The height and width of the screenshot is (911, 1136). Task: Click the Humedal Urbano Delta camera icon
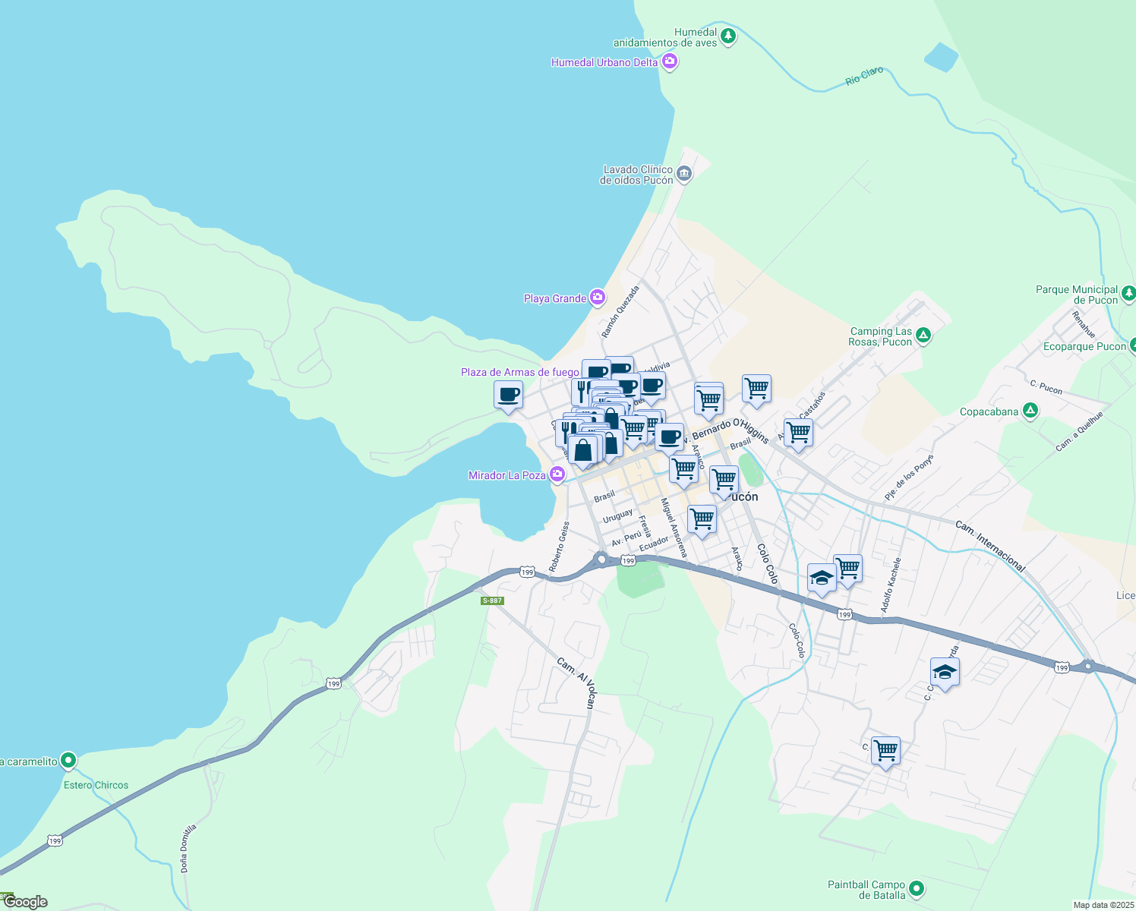[670, 61]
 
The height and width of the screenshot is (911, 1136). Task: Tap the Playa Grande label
[555, 298]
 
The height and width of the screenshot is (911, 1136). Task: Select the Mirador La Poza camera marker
[557, 474]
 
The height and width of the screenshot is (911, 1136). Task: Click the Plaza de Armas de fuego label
[519, 372]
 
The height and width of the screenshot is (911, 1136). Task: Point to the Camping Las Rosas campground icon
[923, 335]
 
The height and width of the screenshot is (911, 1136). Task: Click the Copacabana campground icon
[1030, 411]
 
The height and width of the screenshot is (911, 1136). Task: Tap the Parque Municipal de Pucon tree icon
[1128, 292]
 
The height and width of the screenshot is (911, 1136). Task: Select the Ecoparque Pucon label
[1084, 346]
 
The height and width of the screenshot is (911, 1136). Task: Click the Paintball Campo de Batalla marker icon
[917, 887]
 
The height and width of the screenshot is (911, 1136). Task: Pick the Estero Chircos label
[96, 785]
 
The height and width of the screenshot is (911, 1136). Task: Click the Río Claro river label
[864, 76]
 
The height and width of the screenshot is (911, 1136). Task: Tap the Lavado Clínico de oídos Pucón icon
[684, 174]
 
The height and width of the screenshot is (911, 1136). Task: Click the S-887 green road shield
[492, 601]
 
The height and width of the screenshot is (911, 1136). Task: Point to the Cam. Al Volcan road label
[578, 682]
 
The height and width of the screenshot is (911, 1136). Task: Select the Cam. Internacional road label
[990, 546]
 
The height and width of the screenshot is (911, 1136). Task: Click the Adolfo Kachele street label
[891, 585]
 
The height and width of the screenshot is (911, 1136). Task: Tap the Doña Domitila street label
[188, 847]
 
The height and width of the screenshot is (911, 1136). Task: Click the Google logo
[26, 902]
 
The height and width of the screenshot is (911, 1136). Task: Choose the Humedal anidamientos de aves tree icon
[728, 36]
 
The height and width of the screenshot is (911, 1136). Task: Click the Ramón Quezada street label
[620, 312]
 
